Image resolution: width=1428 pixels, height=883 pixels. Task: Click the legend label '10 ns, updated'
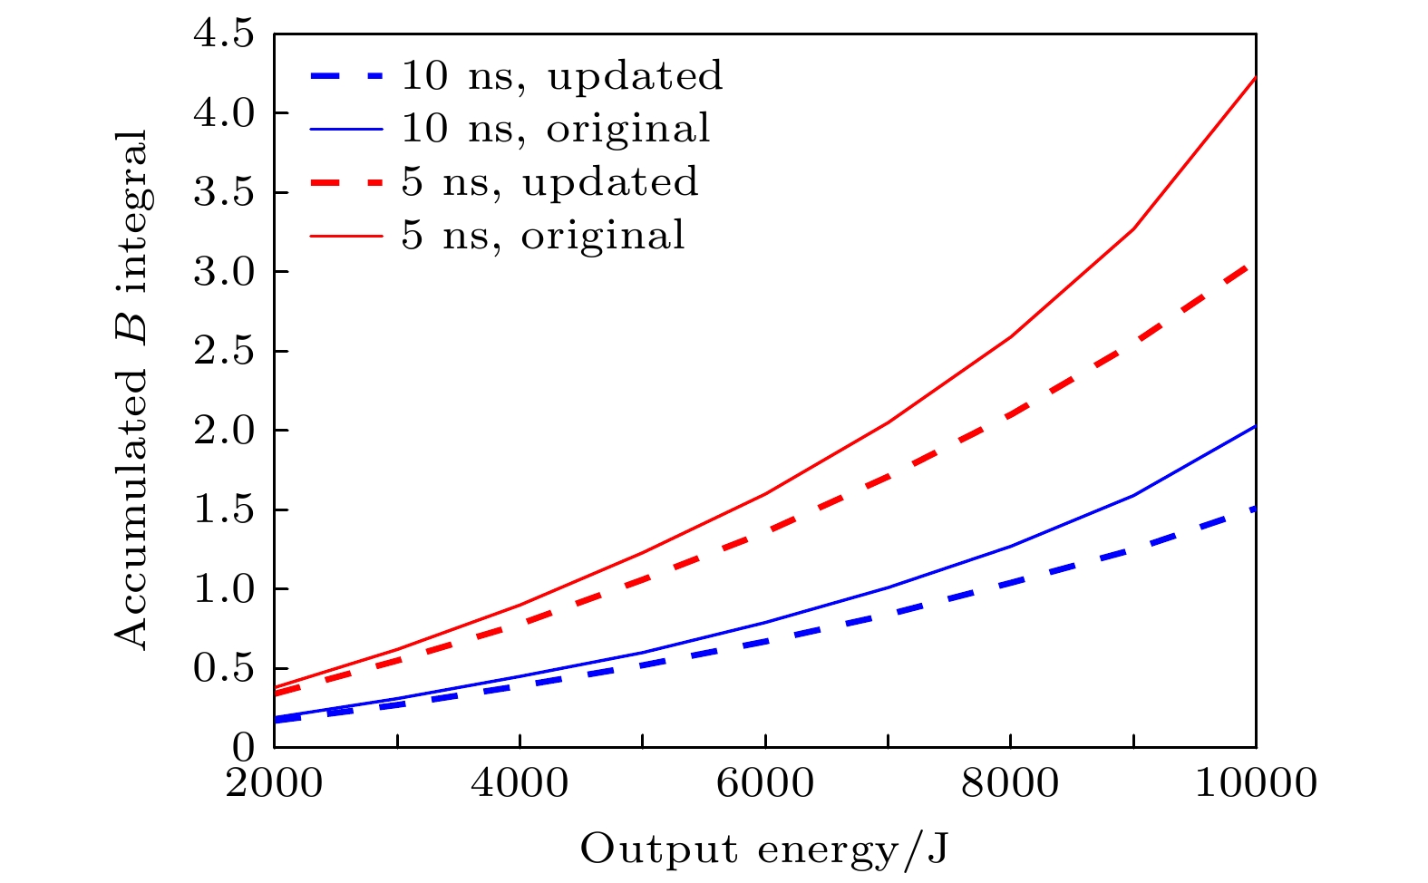tap(562, 76)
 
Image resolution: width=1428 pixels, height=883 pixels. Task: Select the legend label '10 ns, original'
tap(556, 129)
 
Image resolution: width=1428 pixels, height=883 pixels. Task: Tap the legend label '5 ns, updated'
tap(550, 182)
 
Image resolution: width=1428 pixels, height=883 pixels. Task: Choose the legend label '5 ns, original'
tap(543, 236)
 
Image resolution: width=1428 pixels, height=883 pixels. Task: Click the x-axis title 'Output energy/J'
tap(764, 850)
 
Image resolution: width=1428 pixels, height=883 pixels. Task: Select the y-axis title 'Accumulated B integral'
tap(132, 390)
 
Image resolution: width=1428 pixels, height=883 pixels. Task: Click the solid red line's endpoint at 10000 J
tap(1256, 78)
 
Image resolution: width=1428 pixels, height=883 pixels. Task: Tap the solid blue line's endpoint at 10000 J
tap(1256, 425)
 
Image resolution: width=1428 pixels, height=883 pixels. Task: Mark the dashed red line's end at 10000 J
tap(1256, 263)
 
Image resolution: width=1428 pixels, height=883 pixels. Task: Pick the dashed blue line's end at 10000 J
tap(1256, 508)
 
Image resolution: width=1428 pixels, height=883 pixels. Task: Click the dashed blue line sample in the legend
tap(346, 76)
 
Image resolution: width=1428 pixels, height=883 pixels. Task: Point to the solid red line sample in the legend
tap(346, 236)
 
